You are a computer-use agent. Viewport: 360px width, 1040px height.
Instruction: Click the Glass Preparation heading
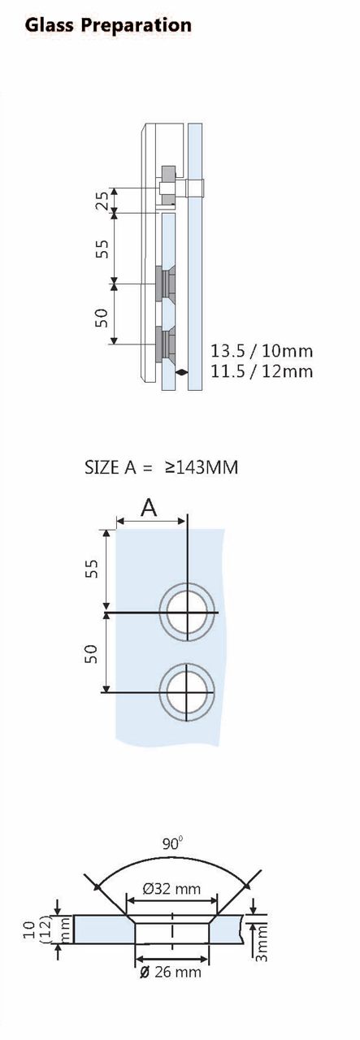coord(108,25)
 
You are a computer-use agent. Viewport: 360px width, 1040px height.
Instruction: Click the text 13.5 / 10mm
coord(262,351)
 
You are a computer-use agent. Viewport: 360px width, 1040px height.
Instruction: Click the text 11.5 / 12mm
coord(262,371)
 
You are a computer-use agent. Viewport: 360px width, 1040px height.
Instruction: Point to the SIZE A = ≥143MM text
coord(161,467)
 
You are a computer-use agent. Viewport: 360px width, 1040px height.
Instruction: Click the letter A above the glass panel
coord(149,508)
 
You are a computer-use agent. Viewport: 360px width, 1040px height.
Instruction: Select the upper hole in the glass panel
coord(188,611)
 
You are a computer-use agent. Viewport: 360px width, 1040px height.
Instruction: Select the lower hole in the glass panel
coord(188,691)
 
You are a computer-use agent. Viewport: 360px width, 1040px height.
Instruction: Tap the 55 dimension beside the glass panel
coord(92,569)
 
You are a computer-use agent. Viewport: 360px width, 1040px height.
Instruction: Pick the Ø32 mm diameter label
coord(171,889)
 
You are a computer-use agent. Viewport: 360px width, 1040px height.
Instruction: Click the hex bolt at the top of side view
coord(168,188)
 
